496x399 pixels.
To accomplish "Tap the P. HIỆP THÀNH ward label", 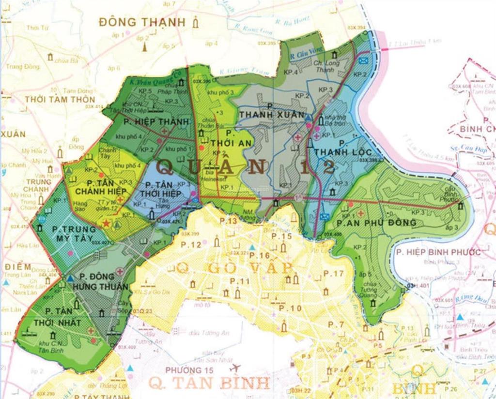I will pos(155,122).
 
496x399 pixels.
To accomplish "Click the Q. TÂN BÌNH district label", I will pos(209,383).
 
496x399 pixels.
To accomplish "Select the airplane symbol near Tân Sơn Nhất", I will pos(235,368).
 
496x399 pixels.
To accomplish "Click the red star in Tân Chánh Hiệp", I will pos(106,223).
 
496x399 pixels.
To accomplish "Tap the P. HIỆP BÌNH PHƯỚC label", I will pos(438,252).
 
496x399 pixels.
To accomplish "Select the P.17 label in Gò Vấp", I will pos(333,274).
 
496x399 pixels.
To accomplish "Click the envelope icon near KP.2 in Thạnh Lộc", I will pos(363,60).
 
